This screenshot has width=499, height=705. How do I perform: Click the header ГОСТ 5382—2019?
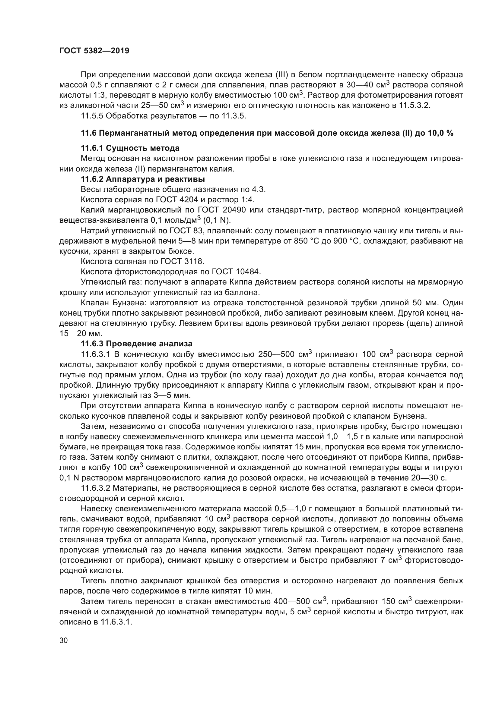click(x=94, y=51)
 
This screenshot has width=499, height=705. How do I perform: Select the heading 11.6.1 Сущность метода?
click(x=130, y=148)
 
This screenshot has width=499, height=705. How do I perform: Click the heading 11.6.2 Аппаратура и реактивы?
click(x=143, y=179)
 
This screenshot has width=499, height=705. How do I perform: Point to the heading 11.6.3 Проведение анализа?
click(x=136, y=344)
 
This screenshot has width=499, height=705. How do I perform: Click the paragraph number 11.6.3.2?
click(x=96, y=488)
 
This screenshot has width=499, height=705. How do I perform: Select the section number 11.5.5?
click(x=91, y=116)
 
